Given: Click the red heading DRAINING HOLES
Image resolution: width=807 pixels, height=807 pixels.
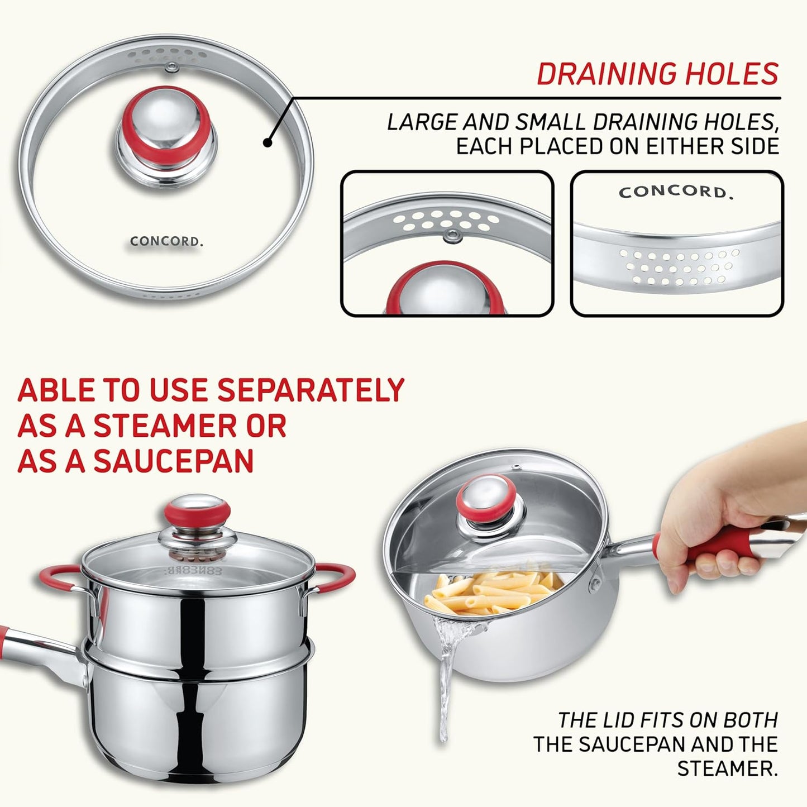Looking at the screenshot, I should pos(657,74).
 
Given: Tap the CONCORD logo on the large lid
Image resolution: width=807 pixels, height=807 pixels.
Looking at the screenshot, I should pos(166,242).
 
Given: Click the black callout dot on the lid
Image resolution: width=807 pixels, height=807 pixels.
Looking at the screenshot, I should pos(268,143).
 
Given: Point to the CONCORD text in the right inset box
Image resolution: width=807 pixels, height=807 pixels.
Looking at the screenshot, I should pos(675,192).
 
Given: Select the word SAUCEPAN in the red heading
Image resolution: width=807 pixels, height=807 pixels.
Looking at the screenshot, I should pos(173,461).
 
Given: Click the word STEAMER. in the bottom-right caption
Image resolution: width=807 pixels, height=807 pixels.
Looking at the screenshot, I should pos(727,768).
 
